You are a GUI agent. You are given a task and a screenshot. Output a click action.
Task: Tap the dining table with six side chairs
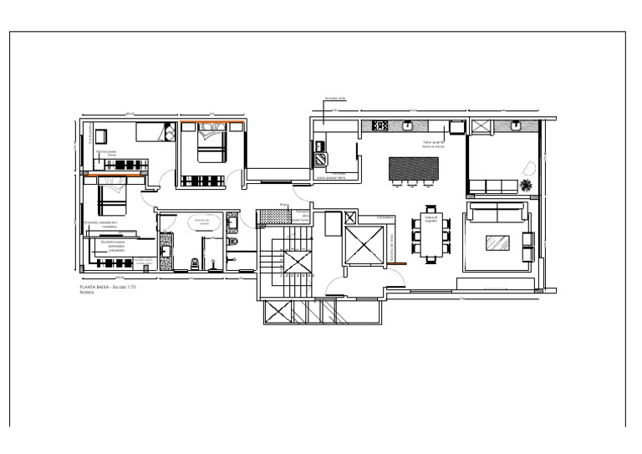tap(431, 233)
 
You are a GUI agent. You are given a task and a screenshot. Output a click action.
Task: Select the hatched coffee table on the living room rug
tap(498, 242)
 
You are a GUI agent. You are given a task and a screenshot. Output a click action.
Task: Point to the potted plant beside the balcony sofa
tap(527, 185)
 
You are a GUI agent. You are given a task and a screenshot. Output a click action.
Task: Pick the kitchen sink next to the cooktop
tap(408, 126)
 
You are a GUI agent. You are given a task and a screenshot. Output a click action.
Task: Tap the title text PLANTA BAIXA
tap(91, 286)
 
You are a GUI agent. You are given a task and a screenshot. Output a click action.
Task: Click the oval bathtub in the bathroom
tap(203, 222)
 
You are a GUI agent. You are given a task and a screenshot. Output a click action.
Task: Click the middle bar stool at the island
tap(413, 184)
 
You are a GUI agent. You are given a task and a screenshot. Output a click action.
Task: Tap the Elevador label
tap(385, 217)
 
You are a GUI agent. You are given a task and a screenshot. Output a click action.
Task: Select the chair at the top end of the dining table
tap(431, 209)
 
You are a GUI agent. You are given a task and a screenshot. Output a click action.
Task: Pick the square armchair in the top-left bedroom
tap(100, 135)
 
